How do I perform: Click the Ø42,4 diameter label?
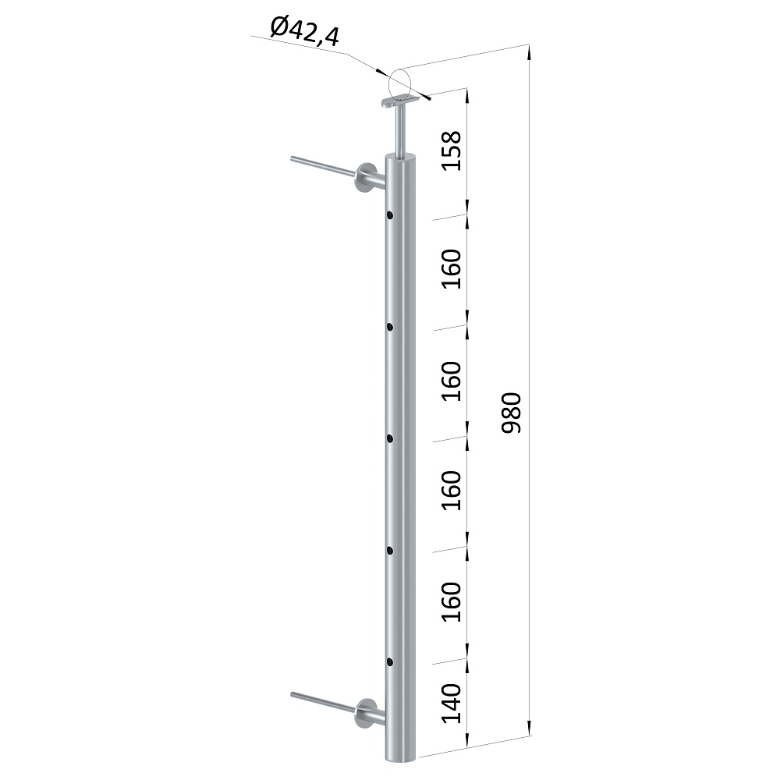305,31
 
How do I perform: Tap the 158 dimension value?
452,151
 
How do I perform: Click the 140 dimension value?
452,704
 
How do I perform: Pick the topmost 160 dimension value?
452,269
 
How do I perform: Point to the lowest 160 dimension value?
452,602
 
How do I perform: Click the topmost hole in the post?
389,215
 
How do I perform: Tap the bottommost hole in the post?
389,662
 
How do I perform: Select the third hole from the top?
389,438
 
